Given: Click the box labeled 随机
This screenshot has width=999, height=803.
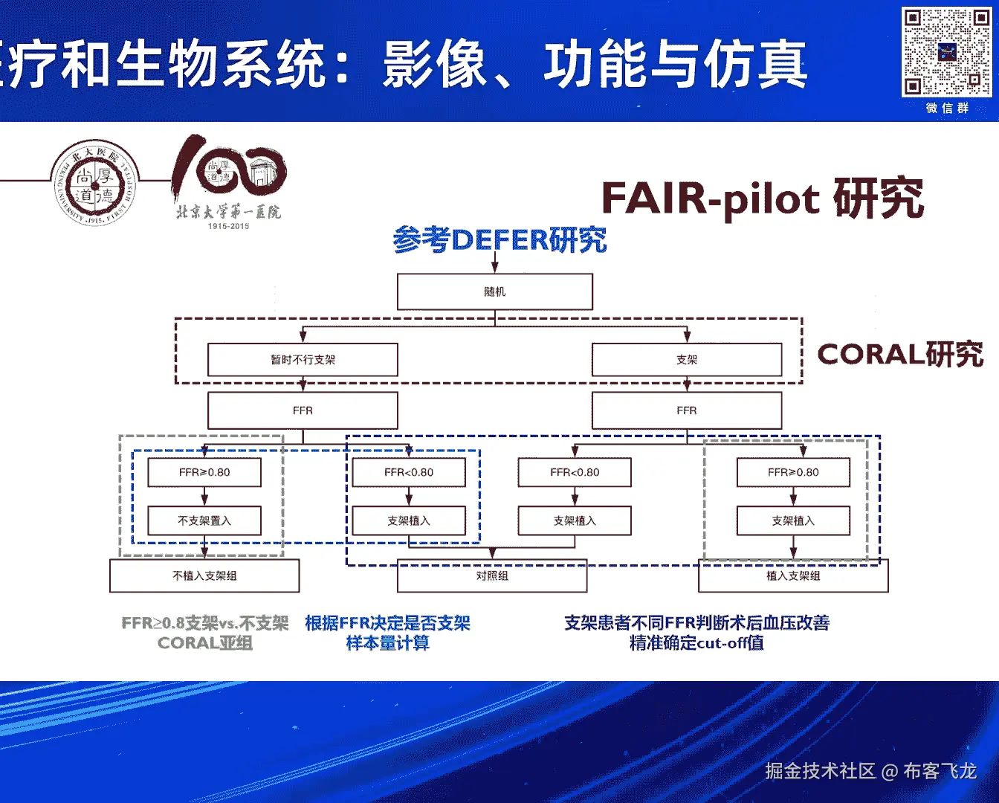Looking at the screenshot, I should (494, 291).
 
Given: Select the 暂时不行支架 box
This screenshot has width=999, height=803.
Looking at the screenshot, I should (303, 360).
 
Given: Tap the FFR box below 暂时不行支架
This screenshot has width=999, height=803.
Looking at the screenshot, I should (303, 410).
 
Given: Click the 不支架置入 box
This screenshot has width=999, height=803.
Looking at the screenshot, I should (204, 520).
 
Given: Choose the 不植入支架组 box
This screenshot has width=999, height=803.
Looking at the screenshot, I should (204, 575).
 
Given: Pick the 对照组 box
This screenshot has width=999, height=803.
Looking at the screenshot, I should (492, 576).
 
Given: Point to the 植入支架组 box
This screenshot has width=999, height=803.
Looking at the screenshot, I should (793, 576).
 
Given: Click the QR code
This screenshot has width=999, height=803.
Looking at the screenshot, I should (946, 51).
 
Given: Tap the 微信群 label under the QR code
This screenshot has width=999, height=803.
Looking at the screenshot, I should (947, 108).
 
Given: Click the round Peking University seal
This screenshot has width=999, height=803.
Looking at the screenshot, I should (94, 182).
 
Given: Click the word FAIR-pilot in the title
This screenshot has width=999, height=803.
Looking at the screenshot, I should (710, 199).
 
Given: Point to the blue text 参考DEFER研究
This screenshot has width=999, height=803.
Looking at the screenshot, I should (499, 239).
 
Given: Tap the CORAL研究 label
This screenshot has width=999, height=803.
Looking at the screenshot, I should (900, 354).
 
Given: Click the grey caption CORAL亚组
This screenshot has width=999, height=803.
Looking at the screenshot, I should (205, 643).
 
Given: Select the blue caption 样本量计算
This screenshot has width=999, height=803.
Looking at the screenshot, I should (387, 643).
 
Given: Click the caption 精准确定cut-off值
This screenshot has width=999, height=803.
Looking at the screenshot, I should (696, 643).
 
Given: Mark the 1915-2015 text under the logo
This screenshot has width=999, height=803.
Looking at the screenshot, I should (228, 226).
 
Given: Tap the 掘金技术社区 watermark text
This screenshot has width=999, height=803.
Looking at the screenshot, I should (820, 771).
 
